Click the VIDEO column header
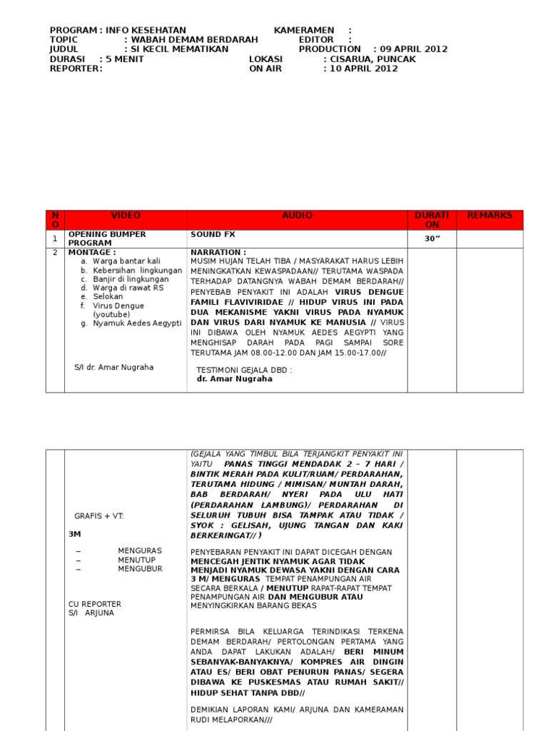tap(126, 216)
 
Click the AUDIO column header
tap(297, 216)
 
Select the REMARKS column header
tap(489, 216)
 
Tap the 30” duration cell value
tap(432, 239)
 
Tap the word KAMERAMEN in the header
tap(304, 30)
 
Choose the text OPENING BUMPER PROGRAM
tap(107, 238)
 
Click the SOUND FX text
tap(213, 234)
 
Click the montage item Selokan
tap(108, 296)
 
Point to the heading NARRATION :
tap(218, 253)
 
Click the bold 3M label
tap(74, 533)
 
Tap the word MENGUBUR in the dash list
tap(140, 569)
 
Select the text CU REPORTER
tap(95, 604)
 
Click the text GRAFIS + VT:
tap(99, 515)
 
